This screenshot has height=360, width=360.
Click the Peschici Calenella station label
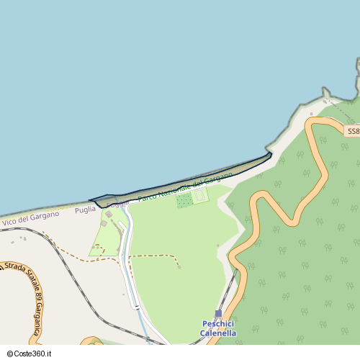pos(218,328)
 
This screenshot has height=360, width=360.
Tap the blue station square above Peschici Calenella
pos(219,313)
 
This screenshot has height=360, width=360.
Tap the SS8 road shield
pos(352,132)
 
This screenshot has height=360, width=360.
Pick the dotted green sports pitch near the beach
pos(184,200)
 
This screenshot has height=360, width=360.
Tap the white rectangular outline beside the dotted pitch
pos(199,195)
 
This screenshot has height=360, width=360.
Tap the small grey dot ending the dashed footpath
pos(179,268)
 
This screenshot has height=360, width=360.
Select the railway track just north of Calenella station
pos(229,292)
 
